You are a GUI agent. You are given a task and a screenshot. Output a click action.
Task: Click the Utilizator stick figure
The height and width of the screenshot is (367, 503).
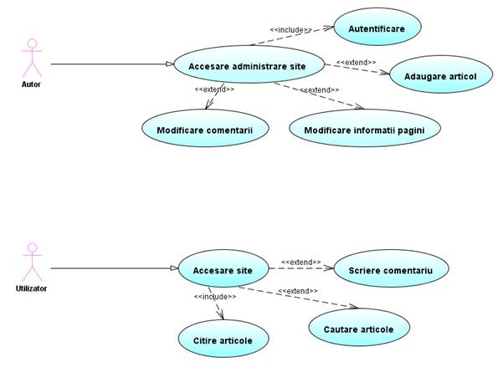(32, 263)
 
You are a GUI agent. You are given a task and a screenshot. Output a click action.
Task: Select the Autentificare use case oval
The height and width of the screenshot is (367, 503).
(377, 28)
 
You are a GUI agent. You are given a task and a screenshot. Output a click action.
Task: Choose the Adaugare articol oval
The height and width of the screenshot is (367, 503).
(439, 76)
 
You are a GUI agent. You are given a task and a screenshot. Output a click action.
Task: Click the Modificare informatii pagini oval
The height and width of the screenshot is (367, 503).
(364, 130)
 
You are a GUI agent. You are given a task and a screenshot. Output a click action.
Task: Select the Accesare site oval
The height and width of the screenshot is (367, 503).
(223, 270)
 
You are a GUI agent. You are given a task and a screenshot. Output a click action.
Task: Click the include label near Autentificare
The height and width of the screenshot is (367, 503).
(290, 30)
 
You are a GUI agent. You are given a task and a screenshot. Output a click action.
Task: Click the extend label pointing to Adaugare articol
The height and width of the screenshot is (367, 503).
(356, 62)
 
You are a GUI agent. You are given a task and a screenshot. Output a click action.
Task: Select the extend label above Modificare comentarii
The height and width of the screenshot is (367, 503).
(214, 89)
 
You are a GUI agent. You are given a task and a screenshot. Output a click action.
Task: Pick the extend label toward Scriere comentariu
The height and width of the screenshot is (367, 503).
(300, 263)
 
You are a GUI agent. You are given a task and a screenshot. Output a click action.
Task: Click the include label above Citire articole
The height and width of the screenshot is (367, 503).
(213, 297)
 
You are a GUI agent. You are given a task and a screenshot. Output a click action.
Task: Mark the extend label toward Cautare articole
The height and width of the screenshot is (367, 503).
(298, 290)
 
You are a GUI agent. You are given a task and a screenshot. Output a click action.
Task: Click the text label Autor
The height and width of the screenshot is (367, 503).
(30, 84)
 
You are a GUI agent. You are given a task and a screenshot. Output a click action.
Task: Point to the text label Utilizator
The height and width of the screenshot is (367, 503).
(32, 288)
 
